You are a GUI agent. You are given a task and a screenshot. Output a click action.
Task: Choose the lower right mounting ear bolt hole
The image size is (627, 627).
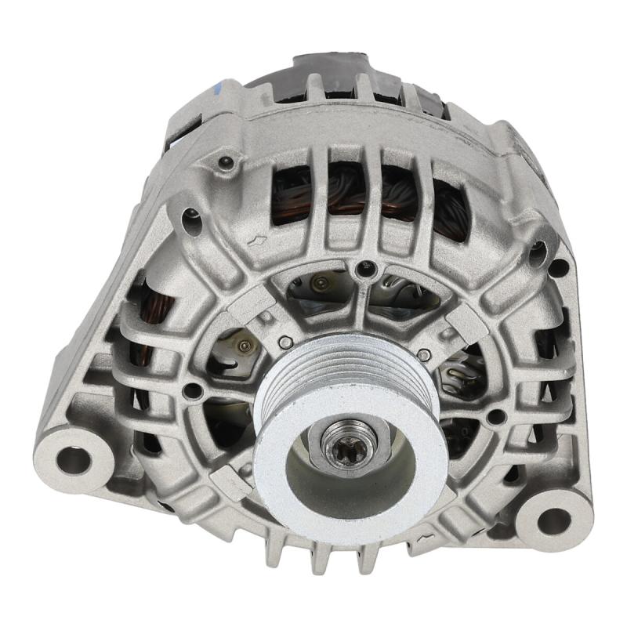point(553,520)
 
